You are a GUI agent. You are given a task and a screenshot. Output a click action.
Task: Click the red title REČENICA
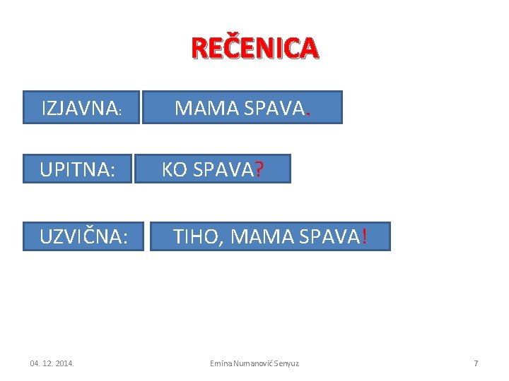click(255, 48)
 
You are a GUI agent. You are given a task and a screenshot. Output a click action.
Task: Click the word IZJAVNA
click(80, 108)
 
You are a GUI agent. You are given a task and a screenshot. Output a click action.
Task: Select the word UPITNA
click(74, 170)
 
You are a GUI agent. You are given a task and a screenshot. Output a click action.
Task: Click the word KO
click(175, 170)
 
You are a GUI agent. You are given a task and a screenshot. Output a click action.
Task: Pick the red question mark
click(259, 170)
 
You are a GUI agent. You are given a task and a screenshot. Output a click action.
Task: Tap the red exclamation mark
click(364, 237)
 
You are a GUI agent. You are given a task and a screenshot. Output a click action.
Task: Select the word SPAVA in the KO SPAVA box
click(223, 170)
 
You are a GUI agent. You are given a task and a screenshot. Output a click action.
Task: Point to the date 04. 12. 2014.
click(52, 363)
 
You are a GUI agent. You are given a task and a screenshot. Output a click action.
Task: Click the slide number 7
click(476, 363)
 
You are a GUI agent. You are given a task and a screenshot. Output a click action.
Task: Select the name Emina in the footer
click(221, 363)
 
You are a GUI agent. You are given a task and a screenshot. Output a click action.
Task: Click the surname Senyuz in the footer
click(286, 363)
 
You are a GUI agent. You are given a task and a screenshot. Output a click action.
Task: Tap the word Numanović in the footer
click(251, 363)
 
